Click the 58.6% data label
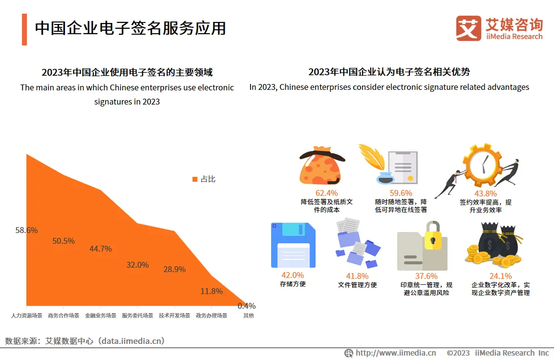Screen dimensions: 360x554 [26, 230]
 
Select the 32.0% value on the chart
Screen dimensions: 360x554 [137, 265]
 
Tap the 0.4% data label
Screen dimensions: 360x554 [246, 306]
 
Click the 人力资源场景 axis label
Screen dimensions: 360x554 [26, 316]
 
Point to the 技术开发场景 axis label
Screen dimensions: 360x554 [174, 316]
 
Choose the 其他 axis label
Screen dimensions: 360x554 [249, 316]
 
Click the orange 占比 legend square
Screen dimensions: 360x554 [195, 179]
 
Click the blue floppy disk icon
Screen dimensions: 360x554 [293, 245]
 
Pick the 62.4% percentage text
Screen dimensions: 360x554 [326, 193]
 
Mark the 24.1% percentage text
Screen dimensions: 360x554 [500, 276]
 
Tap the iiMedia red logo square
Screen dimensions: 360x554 [469, 28]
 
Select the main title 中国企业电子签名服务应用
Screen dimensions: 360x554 [130, 28]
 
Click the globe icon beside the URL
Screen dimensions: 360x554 [349, 353]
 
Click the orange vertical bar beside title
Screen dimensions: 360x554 [24, 29]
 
